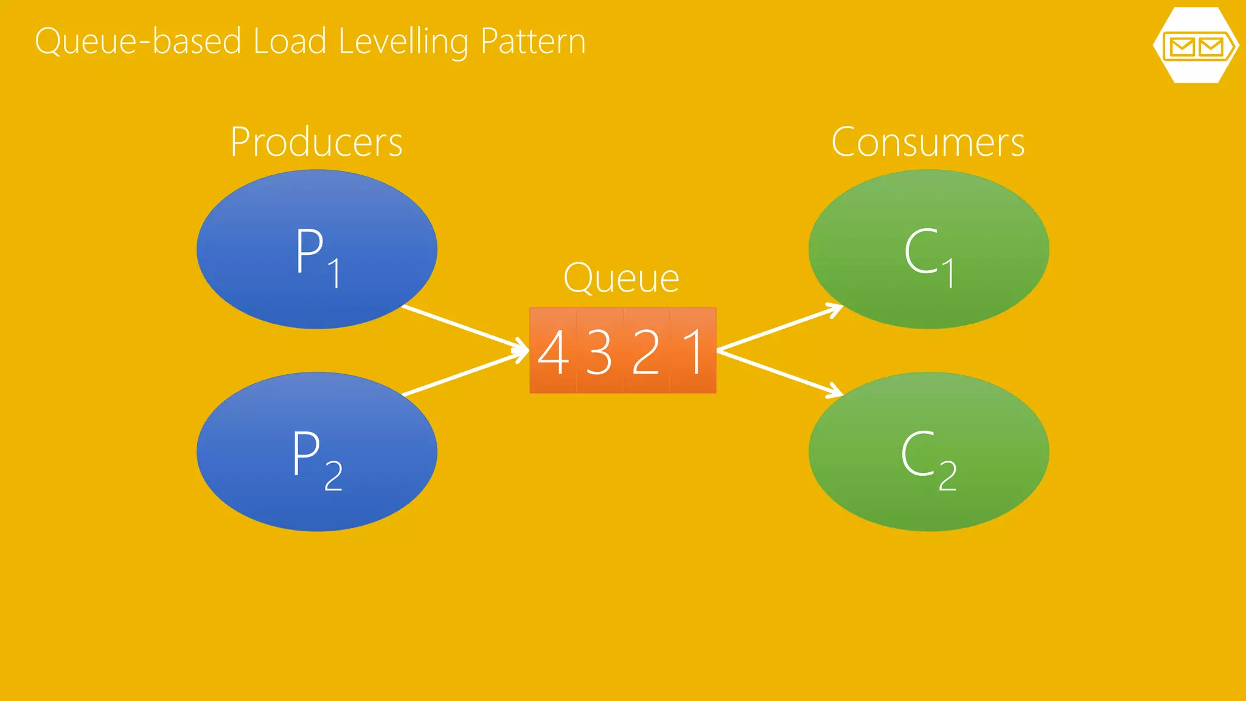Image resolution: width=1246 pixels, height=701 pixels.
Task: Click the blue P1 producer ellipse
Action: tap(316, 249)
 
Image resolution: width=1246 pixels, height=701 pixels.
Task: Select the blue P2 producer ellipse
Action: tap(316, 452)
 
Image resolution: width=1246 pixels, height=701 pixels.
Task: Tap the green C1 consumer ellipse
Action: tap(928, 249)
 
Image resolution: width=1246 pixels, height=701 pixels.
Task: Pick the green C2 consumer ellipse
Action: tap(928, 452)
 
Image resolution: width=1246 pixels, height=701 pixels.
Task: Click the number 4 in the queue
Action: tap(553, 352)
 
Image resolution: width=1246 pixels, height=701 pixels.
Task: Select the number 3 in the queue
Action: tap(599, 352)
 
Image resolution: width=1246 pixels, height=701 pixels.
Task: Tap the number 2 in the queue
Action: tap(646, 352)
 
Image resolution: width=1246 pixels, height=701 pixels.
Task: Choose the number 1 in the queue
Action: tap(694, 352)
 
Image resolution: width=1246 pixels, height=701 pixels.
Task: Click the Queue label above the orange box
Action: tap(621, 279)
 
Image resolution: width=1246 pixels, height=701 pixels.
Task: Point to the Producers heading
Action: tap(316, 142)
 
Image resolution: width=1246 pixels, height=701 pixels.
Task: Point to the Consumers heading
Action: tap(928, 142)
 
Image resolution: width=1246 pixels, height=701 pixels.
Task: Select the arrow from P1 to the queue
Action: tap(465, 329)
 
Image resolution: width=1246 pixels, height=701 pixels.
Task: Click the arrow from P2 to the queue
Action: tap(465, 373)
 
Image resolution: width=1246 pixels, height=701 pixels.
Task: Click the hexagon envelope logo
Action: tap(1196, 46)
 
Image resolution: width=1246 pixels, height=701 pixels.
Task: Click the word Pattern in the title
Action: tap(532, 41)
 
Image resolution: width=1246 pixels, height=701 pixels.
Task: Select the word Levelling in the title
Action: tap(403, 41)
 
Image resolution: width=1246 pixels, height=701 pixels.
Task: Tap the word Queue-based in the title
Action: tap(138, 41)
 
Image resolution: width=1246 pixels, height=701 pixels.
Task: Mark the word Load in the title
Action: tap(290, 41)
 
